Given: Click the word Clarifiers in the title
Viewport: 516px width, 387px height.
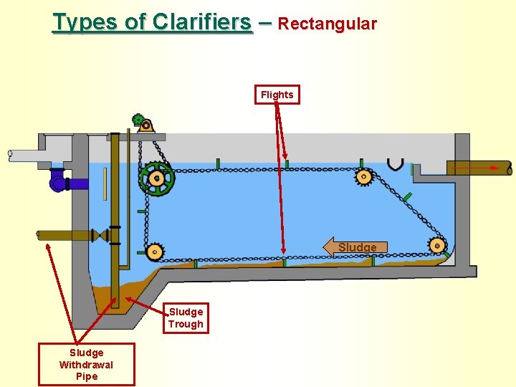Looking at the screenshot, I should click(x=201, y=22).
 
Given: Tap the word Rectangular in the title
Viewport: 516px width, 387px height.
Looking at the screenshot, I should click(x=327, y=24).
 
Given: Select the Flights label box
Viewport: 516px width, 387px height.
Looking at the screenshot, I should click(x=277, y=95).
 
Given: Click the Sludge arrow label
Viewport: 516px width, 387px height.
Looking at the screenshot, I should click(x=356, y=247).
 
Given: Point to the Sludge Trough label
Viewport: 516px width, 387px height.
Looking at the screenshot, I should click(x=186, y=317).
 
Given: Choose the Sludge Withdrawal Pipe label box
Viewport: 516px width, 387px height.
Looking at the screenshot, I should click(x=87, y=364).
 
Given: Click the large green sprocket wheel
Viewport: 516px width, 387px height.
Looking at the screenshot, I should click(x=156, y=178).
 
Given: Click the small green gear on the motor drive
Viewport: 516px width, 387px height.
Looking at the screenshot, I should click(x=138, y=120).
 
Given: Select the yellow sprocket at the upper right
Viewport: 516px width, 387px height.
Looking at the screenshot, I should click(x=364, y=176).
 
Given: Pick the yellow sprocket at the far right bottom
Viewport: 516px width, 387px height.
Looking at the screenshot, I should click(x=436, y=246).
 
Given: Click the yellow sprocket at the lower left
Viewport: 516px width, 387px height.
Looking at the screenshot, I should click(x=154, y=252).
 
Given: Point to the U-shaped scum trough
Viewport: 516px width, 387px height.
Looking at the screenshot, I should click(x=395, y=164).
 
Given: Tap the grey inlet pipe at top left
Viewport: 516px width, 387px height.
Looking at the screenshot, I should click(x=36, y=154).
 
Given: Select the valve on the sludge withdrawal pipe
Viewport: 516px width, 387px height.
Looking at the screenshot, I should click(x=106, y=235).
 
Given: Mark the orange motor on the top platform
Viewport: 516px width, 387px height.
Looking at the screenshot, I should click(x=147, y=127).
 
